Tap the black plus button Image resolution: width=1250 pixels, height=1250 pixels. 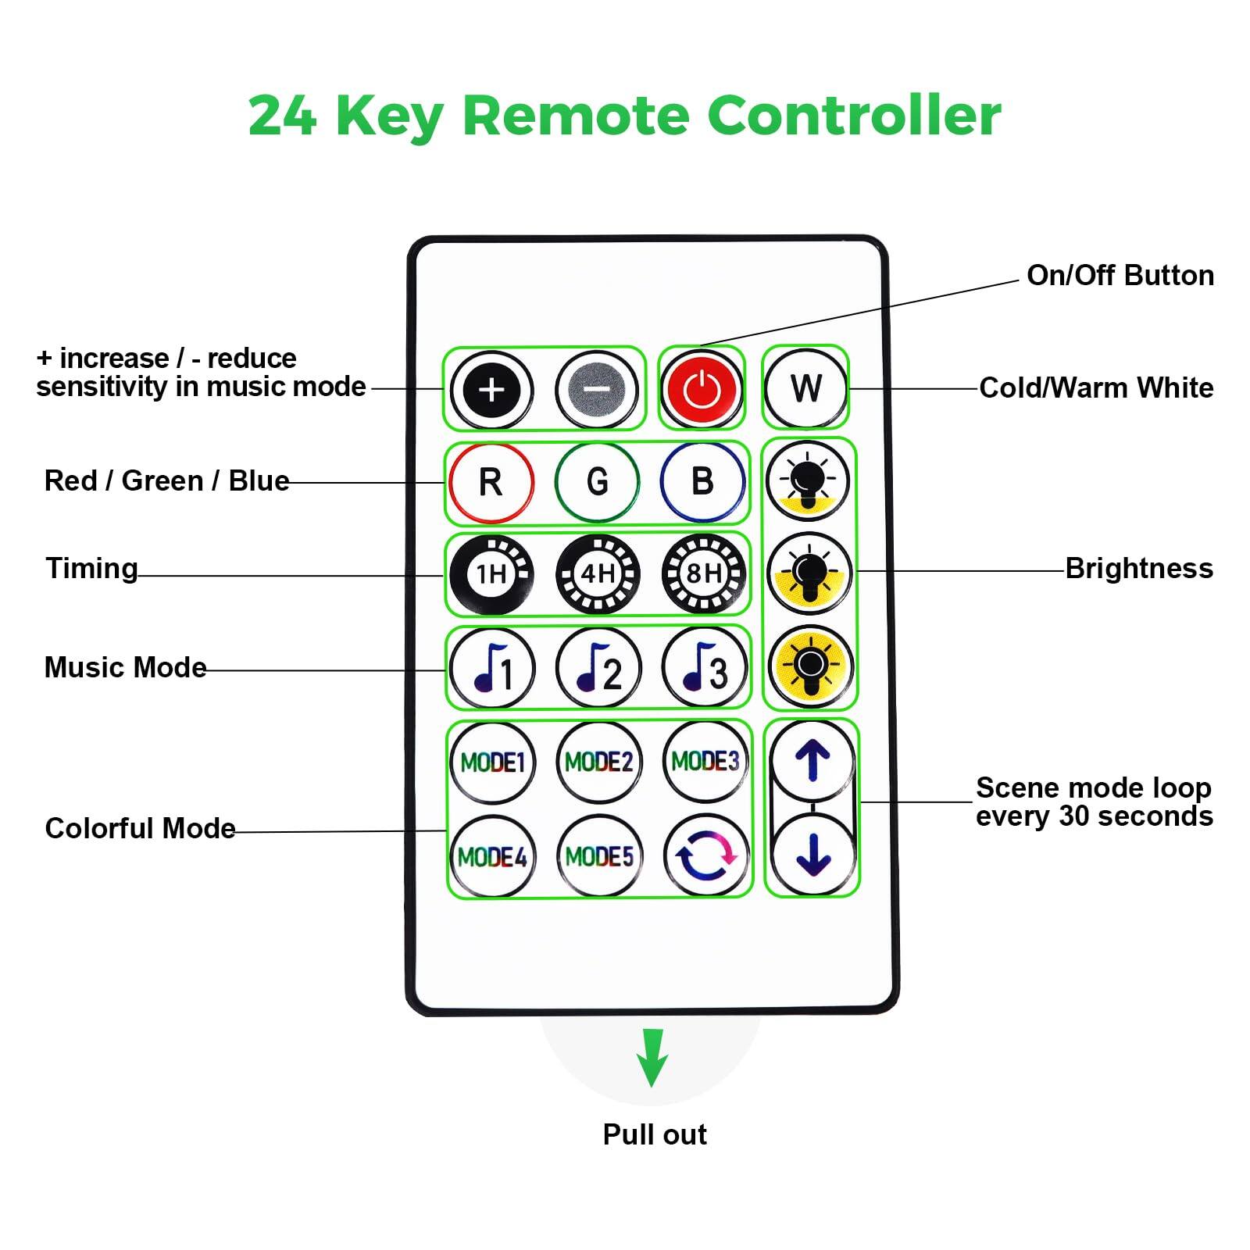(491, 389)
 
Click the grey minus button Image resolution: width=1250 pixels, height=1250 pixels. (598, 389)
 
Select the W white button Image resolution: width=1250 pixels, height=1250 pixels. (805, 388)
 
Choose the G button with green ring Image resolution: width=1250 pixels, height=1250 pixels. (598, 481)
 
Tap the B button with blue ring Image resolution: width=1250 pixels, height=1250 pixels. (702, 481)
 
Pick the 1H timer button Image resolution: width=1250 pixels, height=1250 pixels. (491, 575)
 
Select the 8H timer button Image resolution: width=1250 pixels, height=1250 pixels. (703, 575)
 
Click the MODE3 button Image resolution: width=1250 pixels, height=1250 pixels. (705, 761)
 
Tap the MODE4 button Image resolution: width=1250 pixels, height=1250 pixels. (492, 857)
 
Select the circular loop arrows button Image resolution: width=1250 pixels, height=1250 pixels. (705, 856)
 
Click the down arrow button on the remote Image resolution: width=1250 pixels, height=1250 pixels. (812, 855)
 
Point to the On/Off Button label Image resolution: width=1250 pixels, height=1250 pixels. (1120, 276)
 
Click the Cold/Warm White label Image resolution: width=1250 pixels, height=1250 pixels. (1096, 388)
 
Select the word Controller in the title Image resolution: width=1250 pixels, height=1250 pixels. (854, 116)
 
